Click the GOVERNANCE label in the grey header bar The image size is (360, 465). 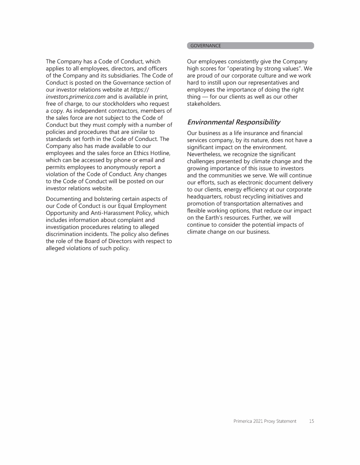click(205, 46)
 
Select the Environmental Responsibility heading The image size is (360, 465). click(233, 122)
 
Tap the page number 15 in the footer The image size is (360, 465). click(311, 421)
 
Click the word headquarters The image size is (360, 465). click(206, 197)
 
